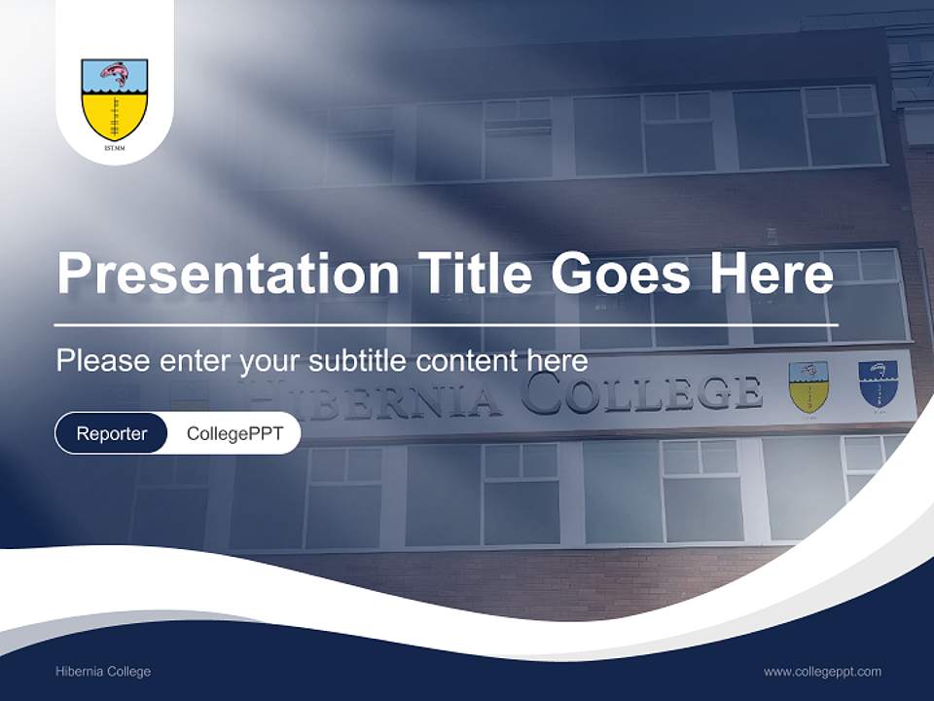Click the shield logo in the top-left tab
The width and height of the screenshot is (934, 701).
(115, 100)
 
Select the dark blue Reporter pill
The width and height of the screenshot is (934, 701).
(112, 433)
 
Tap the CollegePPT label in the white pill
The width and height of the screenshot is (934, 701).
(234, 433)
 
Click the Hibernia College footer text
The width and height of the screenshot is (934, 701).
(103, 672)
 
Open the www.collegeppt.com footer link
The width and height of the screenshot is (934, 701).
(822, 672)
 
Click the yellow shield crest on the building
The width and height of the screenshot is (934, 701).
(808, 387)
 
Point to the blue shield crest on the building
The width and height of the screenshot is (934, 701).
(878, 385)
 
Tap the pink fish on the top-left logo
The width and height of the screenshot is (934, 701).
(115, 74)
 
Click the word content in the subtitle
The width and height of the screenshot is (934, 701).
(469, 361)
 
